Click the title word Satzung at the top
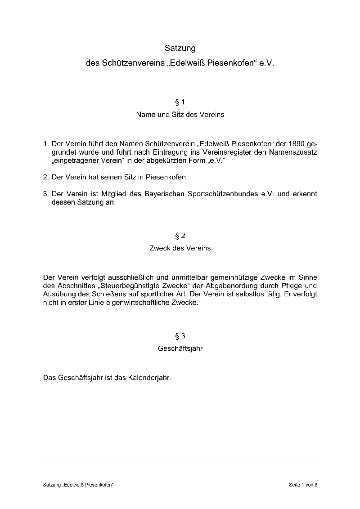coord(180,47)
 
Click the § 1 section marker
coord(180,102)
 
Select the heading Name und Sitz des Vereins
coord(180,115)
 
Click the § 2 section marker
coord(180,236)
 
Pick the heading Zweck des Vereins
coord(180,248)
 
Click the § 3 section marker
coord(180,336)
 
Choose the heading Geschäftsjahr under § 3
coord(180,348)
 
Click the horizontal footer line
coord(180,462)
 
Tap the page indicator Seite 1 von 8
coord(303,485)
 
